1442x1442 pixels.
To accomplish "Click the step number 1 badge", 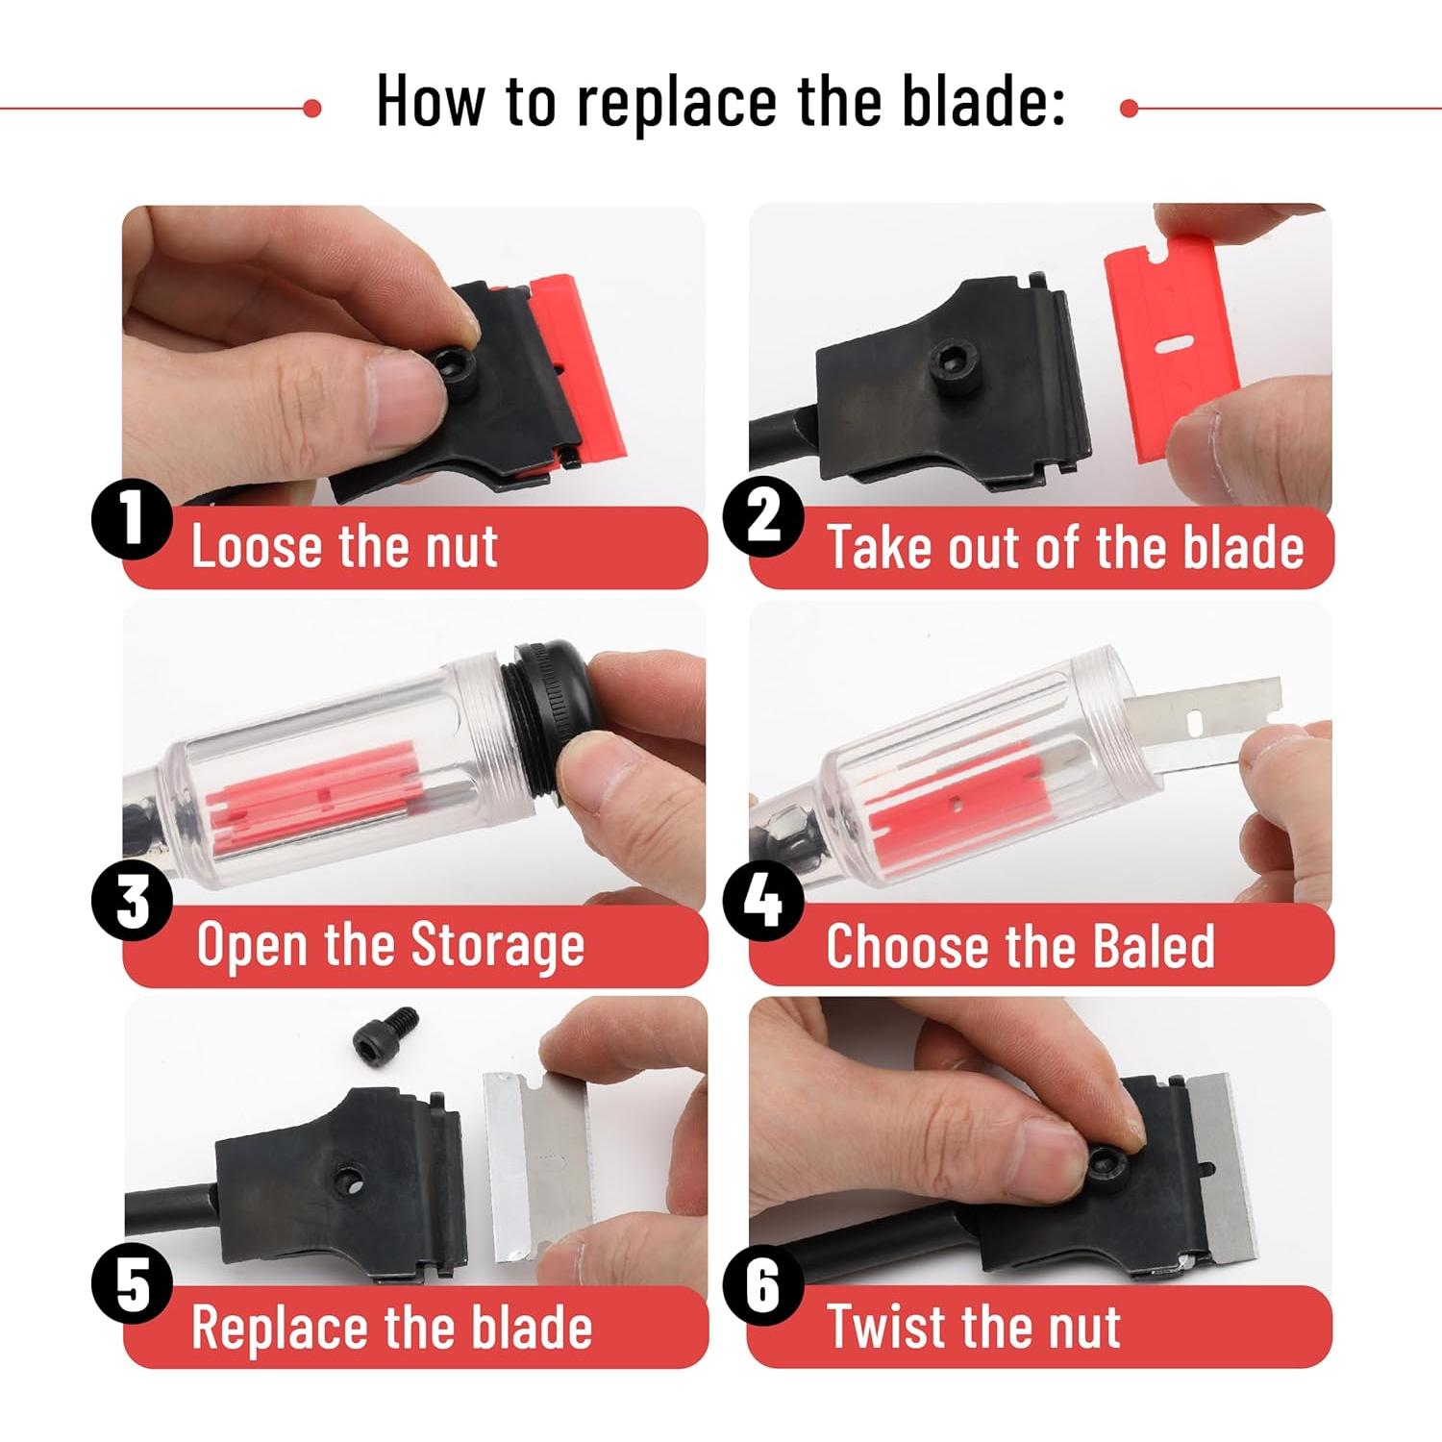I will [x=132, y=520].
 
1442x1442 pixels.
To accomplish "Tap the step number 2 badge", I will [x=762, y=520].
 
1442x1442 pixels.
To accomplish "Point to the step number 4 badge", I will [x=762, y=902].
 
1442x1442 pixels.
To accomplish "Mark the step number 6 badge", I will [x=762, y=1285].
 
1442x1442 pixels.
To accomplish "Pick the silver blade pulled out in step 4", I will [x=1202, y=721].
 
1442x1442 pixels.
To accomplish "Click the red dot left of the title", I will [x=311, y=109].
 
